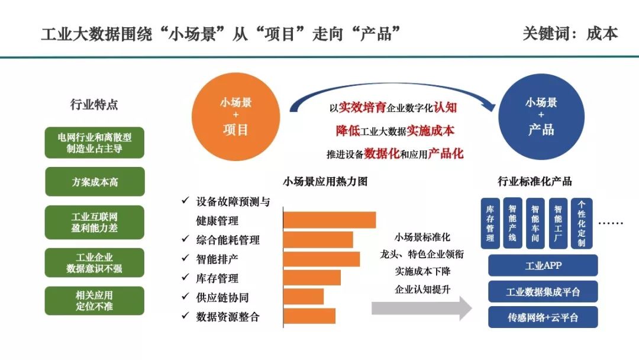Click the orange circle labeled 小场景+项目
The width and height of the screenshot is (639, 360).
235,117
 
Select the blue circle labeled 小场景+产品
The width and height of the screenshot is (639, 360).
541,117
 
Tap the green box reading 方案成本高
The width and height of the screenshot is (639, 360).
95,182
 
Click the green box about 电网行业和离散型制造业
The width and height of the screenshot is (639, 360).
95,143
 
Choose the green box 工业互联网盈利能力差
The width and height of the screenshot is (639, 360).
95,222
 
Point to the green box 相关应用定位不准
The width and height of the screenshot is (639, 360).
95,300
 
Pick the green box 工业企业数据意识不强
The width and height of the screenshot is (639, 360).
95,262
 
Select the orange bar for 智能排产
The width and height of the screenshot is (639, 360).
321,259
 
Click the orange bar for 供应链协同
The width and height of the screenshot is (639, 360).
304,297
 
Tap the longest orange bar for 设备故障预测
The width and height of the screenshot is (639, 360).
330,220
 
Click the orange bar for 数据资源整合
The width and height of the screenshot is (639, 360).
309,316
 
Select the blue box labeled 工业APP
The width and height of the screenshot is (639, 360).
543,265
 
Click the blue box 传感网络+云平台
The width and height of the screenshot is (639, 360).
543,317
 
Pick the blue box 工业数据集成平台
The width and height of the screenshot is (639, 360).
543,291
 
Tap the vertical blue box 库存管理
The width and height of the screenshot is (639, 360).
490,223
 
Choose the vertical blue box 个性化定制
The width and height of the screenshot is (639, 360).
582,223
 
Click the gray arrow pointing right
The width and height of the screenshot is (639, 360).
422,308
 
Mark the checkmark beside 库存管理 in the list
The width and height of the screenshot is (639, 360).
185,277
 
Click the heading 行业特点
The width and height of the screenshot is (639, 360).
94,104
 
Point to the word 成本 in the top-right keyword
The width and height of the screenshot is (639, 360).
602,33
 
